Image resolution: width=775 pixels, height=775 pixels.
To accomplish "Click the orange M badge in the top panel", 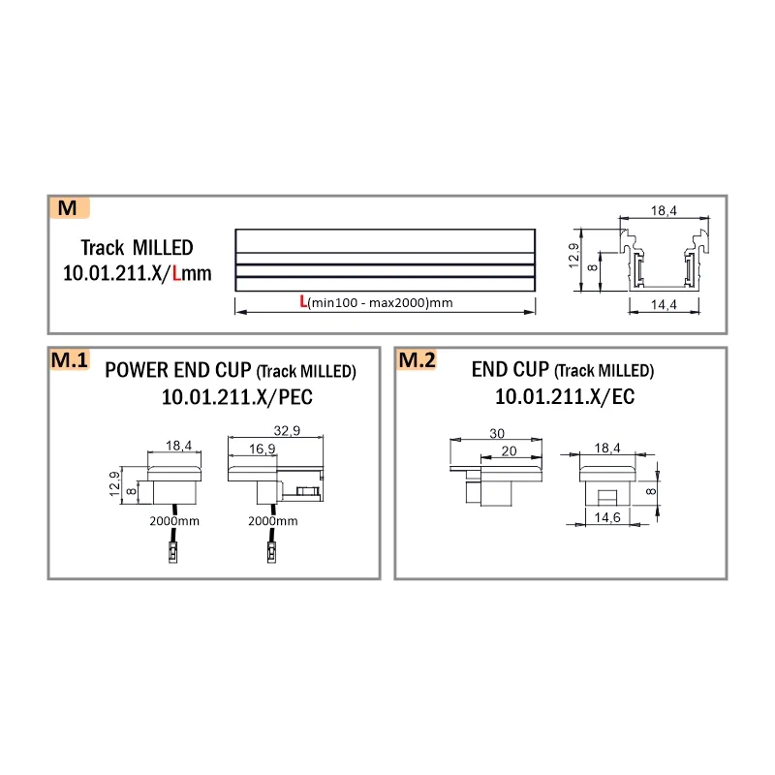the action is [69, 207].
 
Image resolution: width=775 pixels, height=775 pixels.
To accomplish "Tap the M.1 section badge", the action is [70, 359].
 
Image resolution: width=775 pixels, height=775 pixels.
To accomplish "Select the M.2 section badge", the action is [417, 359].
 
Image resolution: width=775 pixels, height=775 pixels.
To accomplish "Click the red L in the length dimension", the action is [303, 301].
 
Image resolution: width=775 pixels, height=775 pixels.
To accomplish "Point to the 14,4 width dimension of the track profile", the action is [664, 304].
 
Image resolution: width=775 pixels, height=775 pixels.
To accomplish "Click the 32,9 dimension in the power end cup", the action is [287, 430].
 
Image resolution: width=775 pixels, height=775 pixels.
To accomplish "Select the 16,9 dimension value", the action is [262, 449].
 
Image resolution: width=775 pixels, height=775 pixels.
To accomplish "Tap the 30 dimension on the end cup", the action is [497, 433].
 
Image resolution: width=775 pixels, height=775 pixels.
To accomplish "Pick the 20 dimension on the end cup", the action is [509, 450].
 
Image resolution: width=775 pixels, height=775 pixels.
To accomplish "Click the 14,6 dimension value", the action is [607, 517].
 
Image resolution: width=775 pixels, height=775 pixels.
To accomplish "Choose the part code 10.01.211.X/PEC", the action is [237, 397].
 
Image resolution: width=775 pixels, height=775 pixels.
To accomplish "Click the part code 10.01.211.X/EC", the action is [565, 396].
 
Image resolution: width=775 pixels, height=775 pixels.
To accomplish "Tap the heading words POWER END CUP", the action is [178, 370].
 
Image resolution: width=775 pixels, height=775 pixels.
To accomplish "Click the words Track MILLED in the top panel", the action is [137, 248].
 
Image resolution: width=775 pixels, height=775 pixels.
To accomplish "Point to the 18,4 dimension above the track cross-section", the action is [664, 211].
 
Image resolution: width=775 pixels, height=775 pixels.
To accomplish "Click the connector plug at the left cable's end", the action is [173, 552].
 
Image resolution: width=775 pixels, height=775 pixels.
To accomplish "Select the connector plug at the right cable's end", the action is [272, 552].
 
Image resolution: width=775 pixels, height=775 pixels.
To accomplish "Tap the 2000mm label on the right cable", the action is [273, 521].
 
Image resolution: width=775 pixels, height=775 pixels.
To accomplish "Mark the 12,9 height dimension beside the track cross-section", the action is [573, 255].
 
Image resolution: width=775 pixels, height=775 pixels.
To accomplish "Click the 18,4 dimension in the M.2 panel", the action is [607, 449].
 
